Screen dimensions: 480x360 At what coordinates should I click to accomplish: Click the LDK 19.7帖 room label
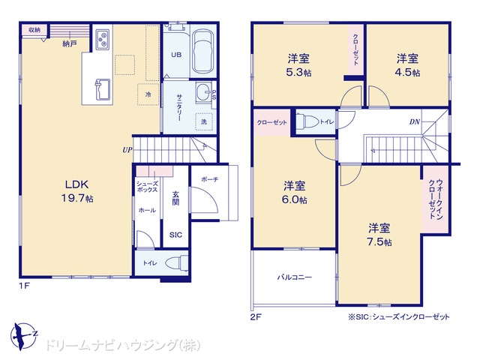point(77,191)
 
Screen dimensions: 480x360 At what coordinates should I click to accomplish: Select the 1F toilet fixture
point(177,263)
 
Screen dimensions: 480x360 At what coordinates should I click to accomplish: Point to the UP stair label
point(127,150)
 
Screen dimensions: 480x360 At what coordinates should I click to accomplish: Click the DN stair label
point(415,121)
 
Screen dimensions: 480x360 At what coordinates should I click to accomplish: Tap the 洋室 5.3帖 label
point(298,65)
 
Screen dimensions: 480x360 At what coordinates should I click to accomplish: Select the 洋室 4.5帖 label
point(408,65)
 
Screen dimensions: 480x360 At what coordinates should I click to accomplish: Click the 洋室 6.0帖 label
point(294,192)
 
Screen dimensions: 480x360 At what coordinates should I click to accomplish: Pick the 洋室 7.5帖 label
point(379,235)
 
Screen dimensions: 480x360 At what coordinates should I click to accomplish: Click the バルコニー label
point(295,277)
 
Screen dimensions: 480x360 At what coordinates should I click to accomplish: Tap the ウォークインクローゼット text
point(435,199)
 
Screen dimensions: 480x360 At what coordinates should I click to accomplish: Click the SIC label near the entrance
point(175,235)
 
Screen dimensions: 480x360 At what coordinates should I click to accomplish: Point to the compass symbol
point(23,336)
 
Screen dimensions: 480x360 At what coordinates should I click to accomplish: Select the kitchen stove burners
point(102,40)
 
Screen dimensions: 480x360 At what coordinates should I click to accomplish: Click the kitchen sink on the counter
point(103,89)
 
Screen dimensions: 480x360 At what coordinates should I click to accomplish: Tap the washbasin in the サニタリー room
point(203,92)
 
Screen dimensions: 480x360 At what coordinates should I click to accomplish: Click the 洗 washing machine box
point(204,121)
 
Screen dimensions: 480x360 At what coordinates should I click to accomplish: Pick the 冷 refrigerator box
point(148,94)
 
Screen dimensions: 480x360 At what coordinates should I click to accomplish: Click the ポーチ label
point(210,179)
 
